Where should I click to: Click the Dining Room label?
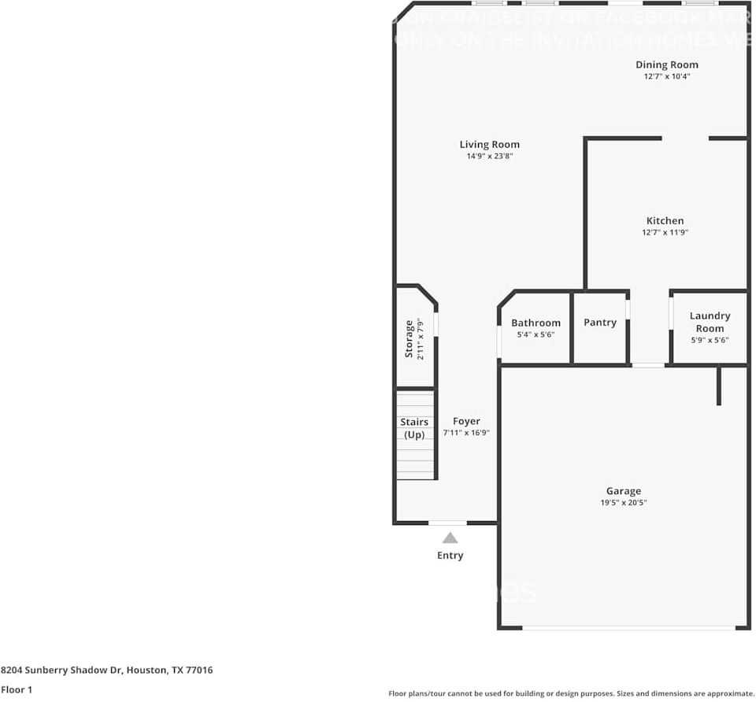[666, 65]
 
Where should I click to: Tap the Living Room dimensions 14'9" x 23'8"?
[489, 157]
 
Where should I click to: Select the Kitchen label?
[665, 220]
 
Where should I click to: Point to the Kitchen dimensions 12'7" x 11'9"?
[665, 232]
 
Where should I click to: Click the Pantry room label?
[599, 323]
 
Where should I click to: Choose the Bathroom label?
[535, 323]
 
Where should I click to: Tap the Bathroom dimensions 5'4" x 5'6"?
[535, 334]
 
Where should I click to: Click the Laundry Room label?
[710, 322]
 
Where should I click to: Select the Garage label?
[623, 491]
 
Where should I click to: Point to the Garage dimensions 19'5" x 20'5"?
[623, 503]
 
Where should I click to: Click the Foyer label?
[466, 421]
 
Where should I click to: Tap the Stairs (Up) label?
[414, 428]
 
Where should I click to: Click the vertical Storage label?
[409, 338]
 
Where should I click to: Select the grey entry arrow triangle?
[450, 538]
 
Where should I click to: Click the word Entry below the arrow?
[450, 556]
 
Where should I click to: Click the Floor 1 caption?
[17, 689]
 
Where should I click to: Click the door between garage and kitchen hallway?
[648, 365]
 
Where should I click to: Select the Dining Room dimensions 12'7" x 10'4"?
[666, 76]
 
